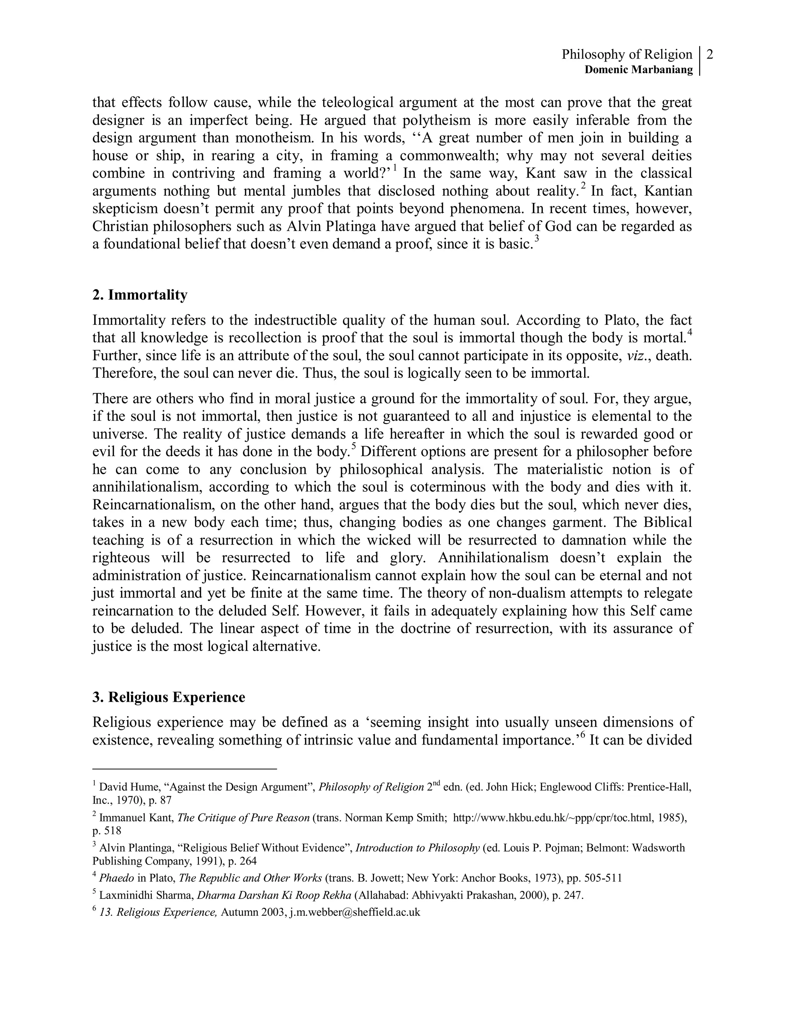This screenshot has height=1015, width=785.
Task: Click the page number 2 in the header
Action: (709, 55)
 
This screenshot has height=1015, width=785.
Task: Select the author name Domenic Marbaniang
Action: (639, 70)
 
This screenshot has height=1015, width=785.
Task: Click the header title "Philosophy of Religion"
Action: (626, 55)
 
